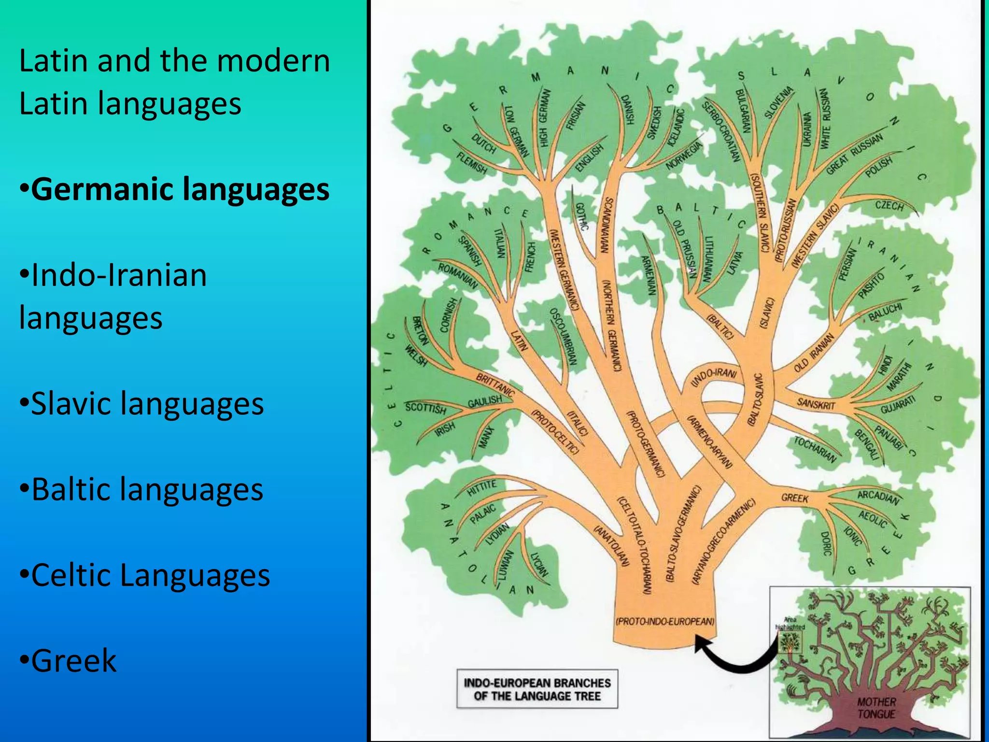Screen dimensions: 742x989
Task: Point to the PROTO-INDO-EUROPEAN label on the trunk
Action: (x=665, y=621)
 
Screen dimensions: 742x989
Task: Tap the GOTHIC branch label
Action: (x=581, y=216)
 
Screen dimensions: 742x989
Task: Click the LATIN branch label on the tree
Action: (x=519, y=341)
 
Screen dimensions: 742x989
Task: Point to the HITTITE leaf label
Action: (x=481, y=488)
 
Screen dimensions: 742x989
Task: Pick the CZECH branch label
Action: (x=890, y=206)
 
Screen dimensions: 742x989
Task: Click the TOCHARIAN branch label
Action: (x=815, y=449)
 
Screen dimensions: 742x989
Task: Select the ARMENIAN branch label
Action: (x=649, y=275)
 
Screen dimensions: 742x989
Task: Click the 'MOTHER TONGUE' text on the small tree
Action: (x=876, y=708)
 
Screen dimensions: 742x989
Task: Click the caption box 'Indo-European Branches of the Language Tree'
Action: (x=537, y=689)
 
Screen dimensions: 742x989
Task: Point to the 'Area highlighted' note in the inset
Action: (x=790, y=623)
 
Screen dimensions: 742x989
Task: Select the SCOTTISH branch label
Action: (x=425, y=408)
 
